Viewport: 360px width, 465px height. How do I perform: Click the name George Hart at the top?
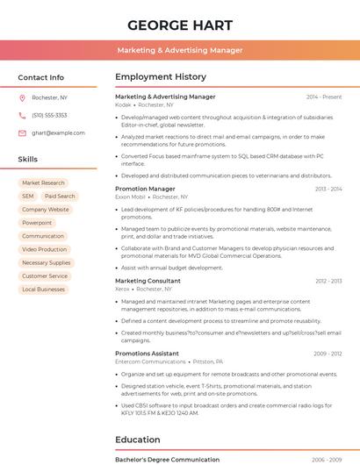[x=180, y=25]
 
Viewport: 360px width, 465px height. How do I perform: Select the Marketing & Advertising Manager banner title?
[x=180, y=51]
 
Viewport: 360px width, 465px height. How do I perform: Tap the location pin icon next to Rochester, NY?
[x=22, y=97]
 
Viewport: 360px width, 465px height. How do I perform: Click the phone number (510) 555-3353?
[x=49, y=115]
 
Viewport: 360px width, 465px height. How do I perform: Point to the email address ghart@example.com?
[x=58, y=132]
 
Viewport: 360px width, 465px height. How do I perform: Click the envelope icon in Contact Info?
[x=22, y=132]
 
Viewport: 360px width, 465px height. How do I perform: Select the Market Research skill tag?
[x=43, y=183]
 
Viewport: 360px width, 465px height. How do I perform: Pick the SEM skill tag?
[x=28, y=197]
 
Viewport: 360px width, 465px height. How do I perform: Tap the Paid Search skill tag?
[x=60, y=197]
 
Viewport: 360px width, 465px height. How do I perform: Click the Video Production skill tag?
[x=45, y=249]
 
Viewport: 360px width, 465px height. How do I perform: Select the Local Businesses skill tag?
[x=43, y=289]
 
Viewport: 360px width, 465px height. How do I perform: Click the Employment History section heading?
[x=161, y=77]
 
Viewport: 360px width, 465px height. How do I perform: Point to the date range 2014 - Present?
[x=324, y=97]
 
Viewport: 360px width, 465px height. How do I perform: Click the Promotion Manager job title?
[x=145, y=189]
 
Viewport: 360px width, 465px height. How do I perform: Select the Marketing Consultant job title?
[x=148, y=281]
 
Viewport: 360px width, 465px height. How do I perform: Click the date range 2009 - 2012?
[x=328, y=354]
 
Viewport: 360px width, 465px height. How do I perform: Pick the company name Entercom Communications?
[x=150, y=361]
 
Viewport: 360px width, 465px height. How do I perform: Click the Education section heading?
[x=138, y=440]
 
